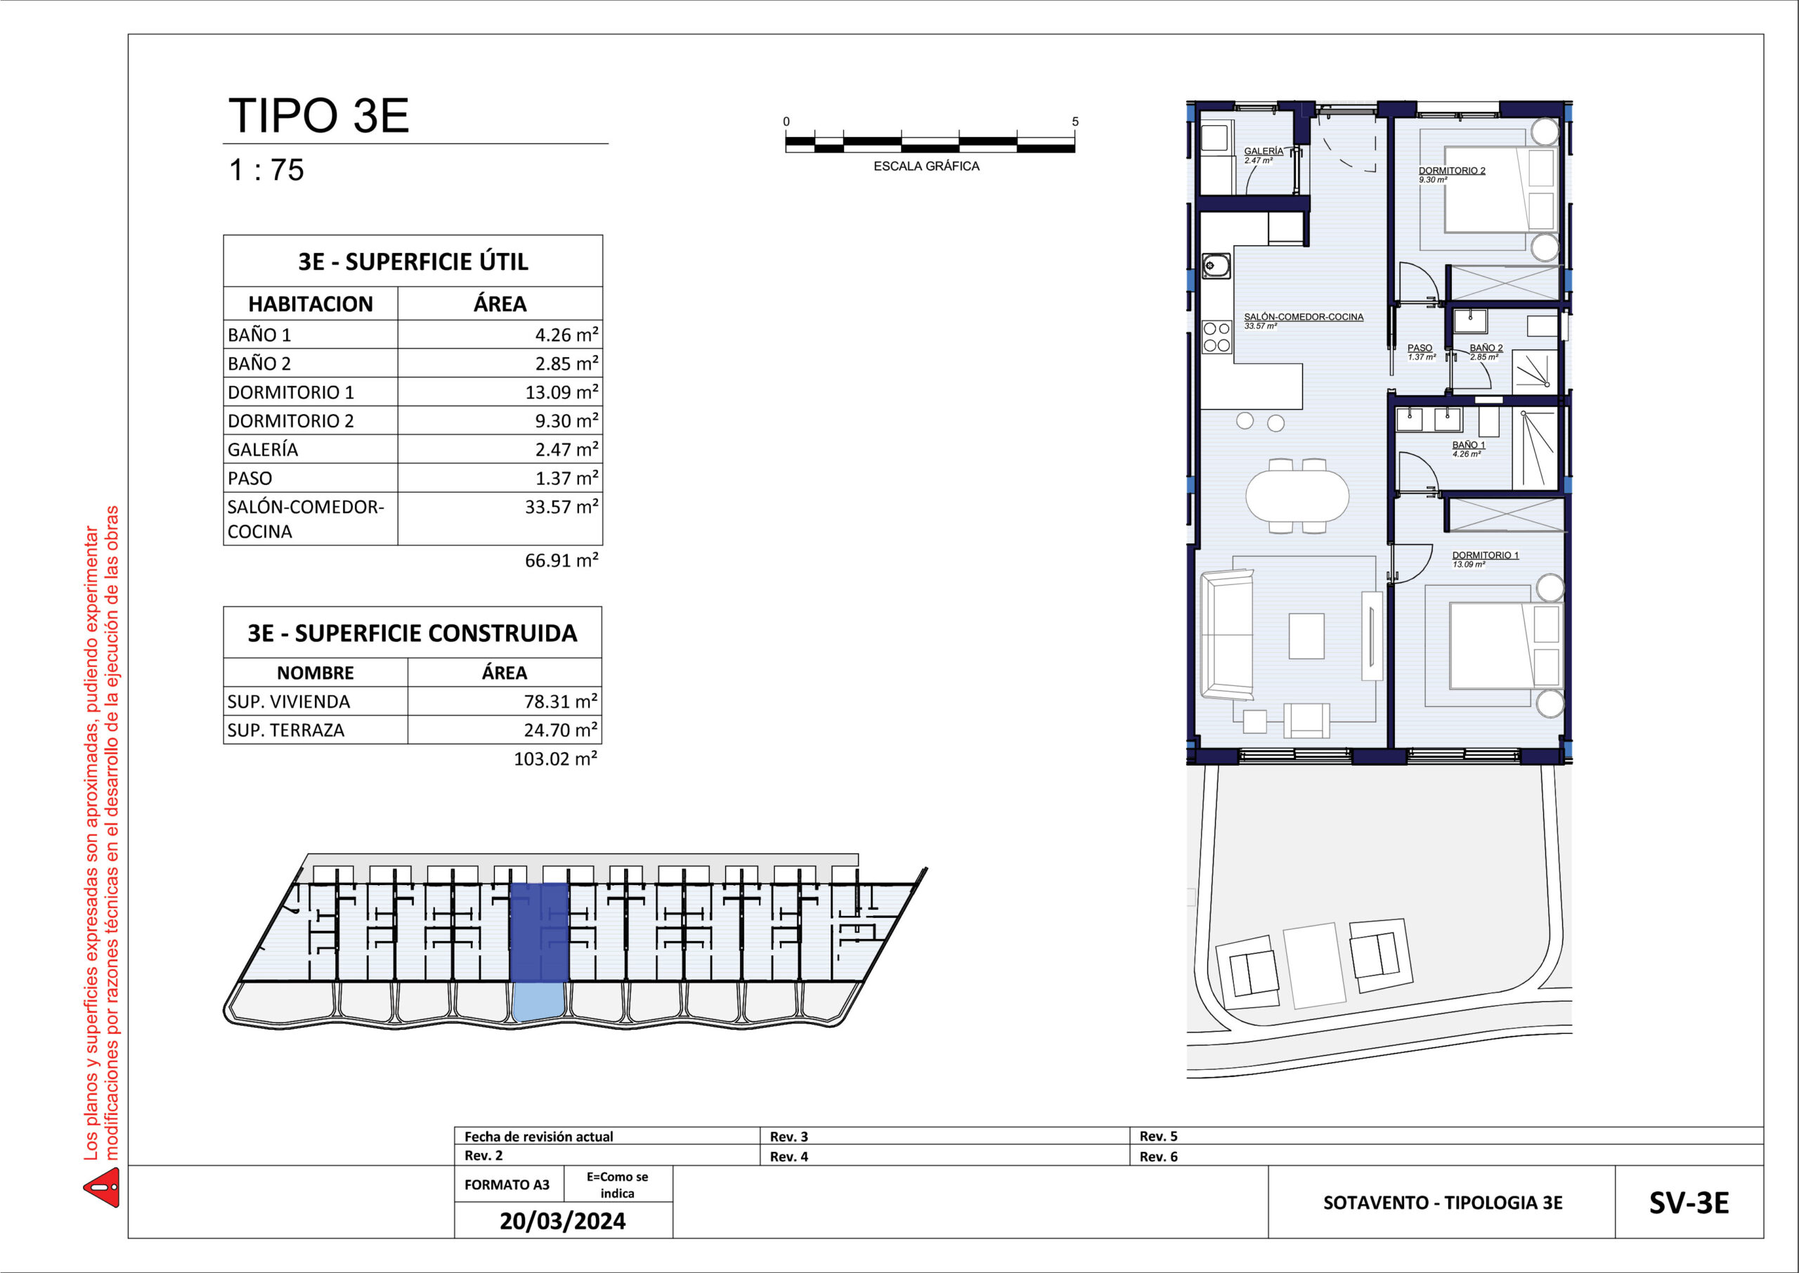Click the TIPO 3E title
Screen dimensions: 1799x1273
coord(318,115)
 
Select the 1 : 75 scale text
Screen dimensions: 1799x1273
coord(266,170)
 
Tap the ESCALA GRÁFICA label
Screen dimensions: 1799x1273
coord(926,166)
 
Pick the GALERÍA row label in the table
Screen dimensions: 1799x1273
coord(263,450)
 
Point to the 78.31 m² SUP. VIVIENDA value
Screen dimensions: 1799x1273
coord(561,702)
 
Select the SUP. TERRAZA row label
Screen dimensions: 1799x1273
coord(286,730)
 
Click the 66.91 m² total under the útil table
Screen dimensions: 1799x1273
coord(561,560)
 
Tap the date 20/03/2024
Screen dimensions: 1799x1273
coord(563,1221)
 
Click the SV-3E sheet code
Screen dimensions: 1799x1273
coord(1689,1203)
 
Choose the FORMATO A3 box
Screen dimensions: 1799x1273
coord(507,1184)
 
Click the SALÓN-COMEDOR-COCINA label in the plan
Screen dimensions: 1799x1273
coord(1304,317)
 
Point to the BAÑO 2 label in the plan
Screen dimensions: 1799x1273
coord(1486,347)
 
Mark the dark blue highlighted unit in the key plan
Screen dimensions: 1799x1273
coord(539,932)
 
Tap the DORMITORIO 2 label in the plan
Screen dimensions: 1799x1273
coord(1452,170)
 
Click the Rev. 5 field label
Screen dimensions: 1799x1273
coord(1158,1136)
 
